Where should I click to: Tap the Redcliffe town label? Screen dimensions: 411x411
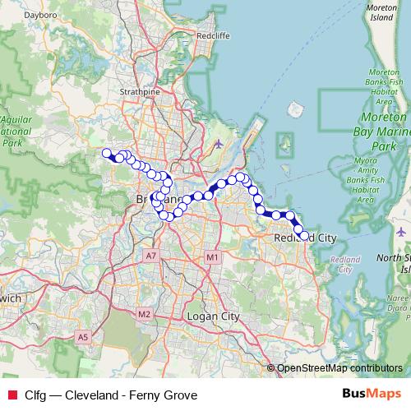(x=213, y=36)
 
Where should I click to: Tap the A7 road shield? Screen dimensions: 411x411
(x=150, y=256)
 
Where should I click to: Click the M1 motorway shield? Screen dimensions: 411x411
(x=212, y=258)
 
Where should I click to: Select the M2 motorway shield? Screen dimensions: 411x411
(x=145, y=314)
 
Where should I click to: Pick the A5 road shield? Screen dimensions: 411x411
(x=83, y=337)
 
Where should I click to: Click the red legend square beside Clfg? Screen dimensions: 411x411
(x=12, y=395)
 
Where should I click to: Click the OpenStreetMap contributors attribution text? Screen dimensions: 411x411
(x=339, y=368)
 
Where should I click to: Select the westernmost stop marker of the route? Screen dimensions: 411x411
(x=106, y=152)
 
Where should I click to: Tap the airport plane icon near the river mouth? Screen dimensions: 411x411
(x=218, y=144)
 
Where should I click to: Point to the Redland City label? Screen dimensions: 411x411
(x=306, y=238)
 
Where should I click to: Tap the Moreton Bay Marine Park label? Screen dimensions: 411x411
(x=379, y=132)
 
